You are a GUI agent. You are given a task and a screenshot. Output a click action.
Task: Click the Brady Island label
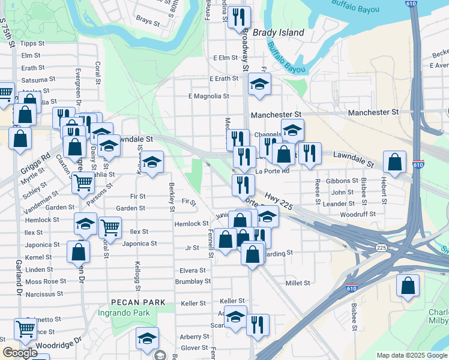coord(278,32)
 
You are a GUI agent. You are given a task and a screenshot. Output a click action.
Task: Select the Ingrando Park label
coord(140,313)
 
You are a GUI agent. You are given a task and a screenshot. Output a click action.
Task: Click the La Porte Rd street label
coord(272,171)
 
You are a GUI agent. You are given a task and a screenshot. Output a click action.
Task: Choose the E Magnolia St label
coord(208,96)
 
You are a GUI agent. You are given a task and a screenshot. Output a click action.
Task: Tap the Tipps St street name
coord(32,43)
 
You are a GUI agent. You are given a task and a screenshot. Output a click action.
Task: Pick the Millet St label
coord(298,283)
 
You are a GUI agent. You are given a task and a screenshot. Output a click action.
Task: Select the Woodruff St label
coord(357,214)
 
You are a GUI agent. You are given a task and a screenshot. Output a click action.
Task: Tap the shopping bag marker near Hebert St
coord(394,162)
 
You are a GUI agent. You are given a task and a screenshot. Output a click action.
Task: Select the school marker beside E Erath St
coord(259,85)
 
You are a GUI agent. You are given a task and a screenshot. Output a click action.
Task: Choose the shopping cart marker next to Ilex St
coord(110,227)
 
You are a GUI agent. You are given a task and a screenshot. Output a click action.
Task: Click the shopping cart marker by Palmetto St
coord(25,328)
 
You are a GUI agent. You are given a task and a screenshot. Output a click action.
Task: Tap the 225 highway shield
coord(381,247)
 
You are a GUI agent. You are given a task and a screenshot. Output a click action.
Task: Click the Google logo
coord(20,353)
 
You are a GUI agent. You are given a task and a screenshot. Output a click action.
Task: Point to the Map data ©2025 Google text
coord(411,355)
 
